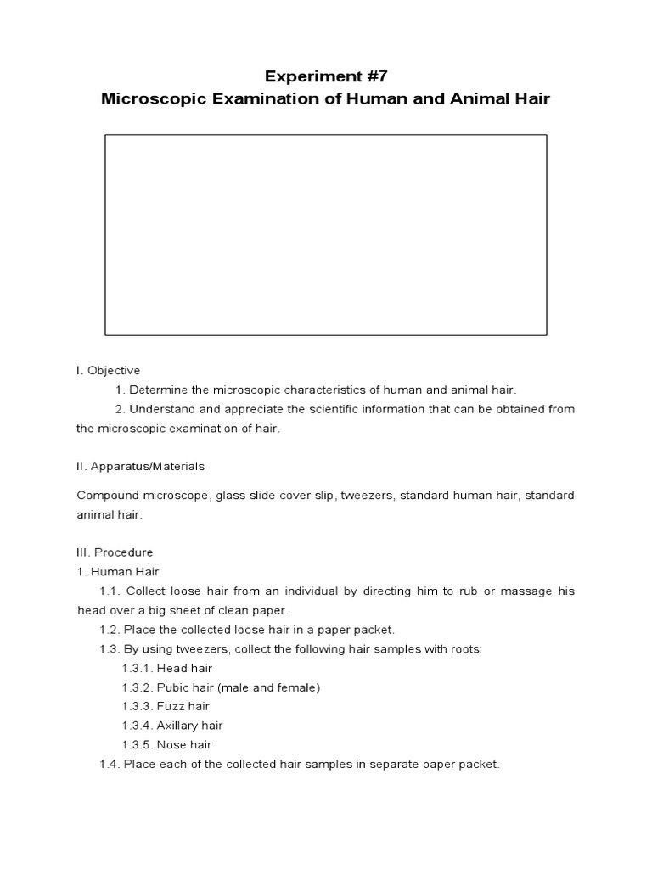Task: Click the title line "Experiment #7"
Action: (325, 74)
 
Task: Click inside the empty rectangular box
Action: (325, 235)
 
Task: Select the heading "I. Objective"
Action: (108, 371)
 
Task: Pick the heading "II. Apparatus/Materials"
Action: (140, 467)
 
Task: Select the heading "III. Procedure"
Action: (115, 552)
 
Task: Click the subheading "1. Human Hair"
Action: (118, 572)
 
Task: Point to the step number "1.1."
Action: (113, 591)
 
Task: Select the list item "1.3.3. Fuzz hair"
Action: (166, 707)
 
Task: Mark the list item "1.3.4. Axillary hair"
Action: (172, 726)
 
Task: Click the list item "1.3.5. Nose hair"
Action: (166, 745)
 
